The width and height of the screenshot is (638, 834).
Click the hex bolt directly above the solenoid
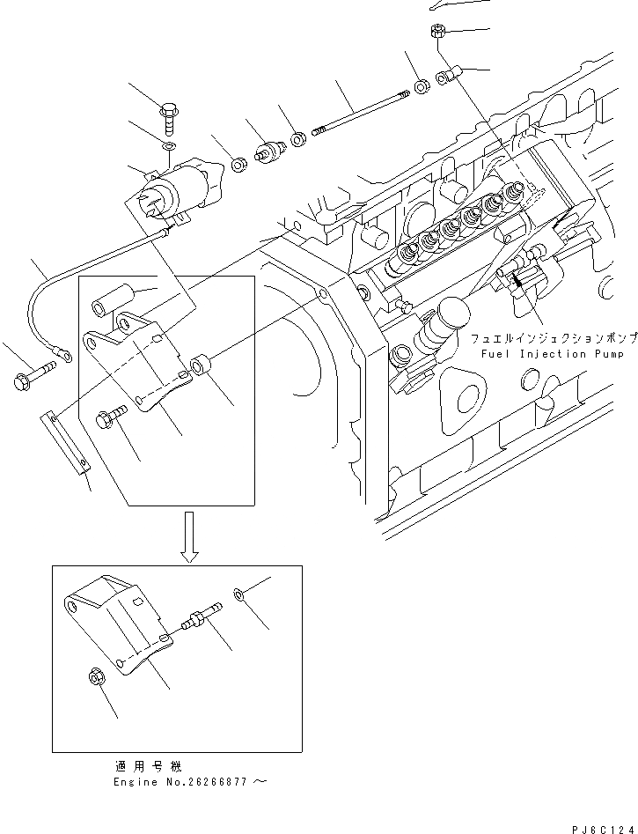(x=170, y=114)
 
